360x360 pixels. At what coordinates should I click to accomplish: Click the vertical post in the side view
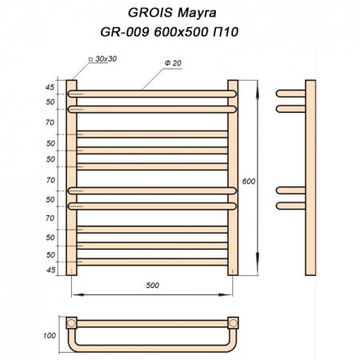coord(306,176)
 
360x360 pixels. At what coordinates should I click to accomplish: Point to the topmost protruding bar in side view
coord(288,90)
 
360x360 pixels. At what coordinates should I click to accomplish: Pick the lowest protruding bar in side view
coord(288,206)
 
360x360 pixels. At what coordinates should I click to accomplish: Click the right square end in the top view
coord(233,324)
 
